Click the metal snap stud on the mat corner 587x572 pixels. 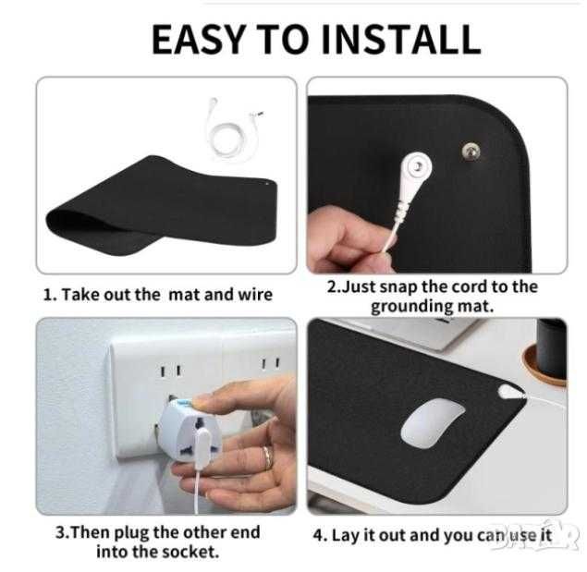click(x=471, y=151)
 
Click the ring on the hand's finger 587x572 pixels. click(x=268, y=457)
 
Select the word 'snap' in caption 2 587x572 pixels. click(x=397, y=287)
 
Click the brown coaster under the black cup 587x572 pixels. click(x=544, y=365)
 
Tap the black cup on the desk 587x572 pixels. click(x=551, y=347)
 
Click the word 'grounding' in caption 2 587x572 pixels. click(x=410, y=307)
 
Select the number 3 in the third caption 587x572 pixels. click(x=61, y=532)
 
